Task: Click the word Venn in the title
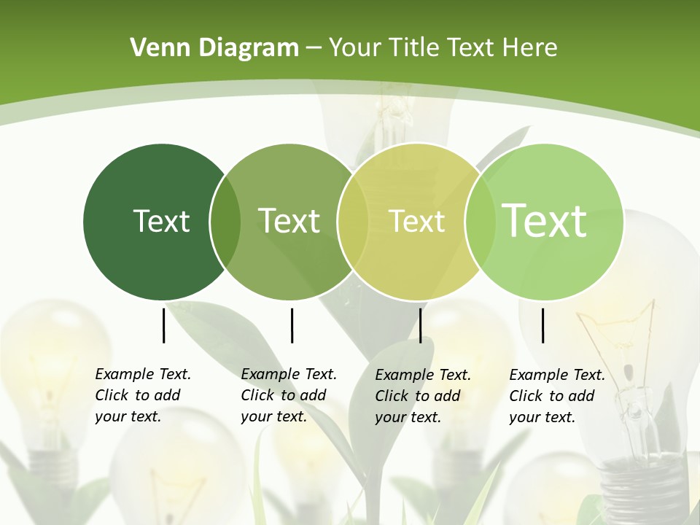click(x=153, y=48)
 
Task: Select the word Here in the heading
click(x=530, y=48)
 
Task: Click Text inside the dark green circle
click(x=161, y=221)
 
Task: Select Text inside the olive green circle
click(x=289, y=221)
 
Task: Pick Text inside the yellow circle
click(x=417, y=221)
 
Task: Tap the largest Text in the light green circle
click(x=544, y=220)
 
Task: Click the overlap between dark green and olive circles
click(x=225, y=222)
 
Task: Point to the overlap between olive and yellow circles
click(x=353, y=222)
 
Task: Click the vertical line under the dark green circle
click(x=164, y=325)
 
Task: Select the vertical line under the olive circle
click(x=292, y=325)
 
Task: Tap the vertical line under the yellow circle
click(x=420, y=325)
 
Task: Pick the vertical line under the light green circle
click(x=543, y=325)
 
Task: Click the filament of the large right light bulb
click(x=620, y=321)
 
